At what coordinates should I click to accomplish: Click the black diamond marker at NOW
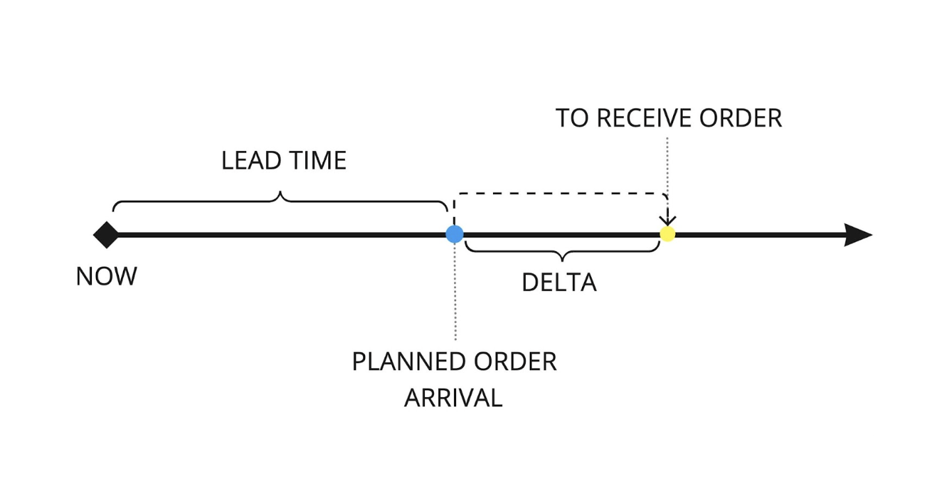pos(106,234)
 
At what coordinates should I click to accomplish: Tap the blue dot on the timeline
pos(454,234)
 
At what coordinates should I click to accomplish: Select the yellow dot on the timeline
pos(667,234)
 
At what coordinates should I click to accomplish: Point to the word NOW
pos(106,277)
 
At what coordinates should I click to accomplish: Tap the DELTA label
pos(559,282)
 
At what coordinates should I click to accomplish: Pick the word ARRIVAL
pos(453,398)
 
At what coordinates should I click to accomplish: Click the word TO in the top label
pos(572,118)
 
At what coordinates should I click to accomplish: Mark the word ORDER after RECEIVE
pos(741,118)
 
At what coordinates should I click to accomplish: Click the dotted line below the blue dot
pos(455,292)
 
